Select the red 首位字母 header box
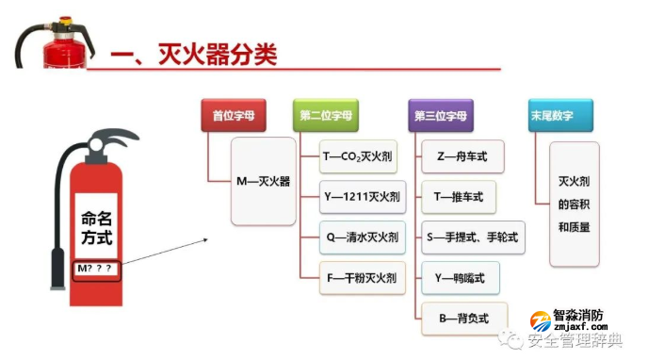(x=233, y=116)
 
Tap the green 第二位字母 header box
(x=326, y=116)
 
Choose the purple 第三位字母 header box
(x=441, y=116)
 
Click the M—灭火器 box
(x=263, y=180)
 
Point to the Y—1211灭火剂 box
(x=363, y=197)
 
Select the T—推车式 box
(x=458, y=197)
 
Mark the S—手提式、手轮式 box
(x=472, y=237)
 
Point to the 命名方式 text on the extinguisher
(x=96, y=227)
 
